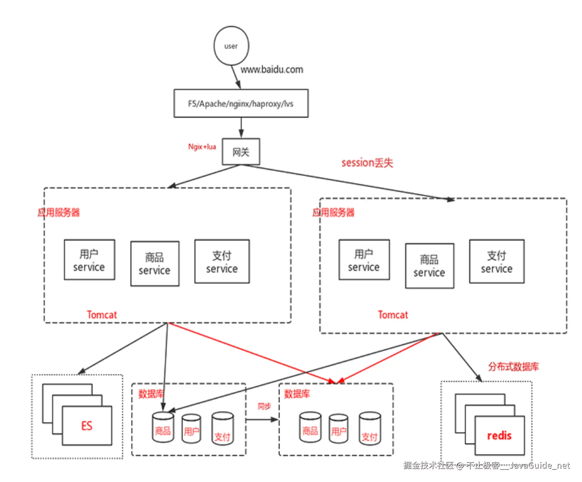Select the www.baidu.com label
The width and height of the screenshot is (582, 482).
[x=272, y=70]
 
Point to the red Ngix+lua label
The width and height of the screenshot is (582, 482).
[x=202, y=147]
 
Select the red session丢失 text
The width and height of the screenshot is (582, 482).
[x=367, y=163]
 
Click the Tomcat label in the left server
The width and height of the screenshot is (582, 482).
[x=102, y=315]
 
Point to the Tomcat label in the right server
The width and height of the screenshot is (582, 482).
[x=393, y=315]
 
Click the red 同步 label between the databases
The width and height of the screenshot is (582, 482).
[x=264, y=406]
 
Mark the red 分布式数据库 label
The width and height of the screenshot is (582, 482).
[x=514, y=367]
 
